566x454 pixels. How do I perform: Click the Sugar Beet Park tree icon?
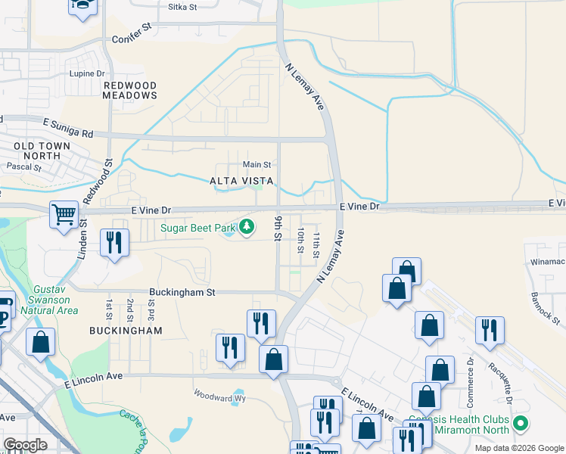(x=247, y=226)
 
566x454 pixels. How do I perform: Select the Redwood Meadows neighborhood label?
(x=130, y=90)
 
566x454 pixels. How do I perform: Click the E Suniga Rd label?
(x=67, y=127)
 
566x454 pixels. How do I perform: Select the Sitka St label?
(x=181, y=7)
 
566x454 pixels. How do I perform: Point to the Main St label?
(x=257, y=164)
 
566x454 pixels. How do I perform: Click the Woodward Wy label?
(x=220, y=395)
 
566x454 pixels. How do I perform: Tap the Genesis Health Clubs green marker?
(x=519, y=423)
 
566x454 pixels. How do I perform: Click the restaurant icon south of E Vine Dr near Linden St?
(x=114, y=243)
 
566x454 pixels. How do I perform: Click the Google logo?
(x=25, y=445)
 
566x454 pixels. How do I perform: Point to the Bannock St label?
(x=545, y=309)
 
